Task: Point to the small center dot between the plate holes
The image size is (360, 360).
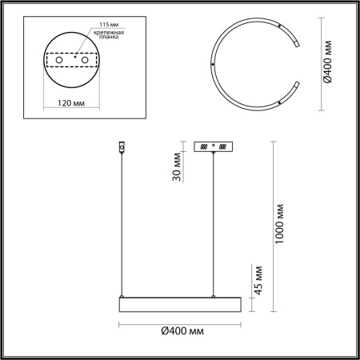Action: click(x=74, y=57)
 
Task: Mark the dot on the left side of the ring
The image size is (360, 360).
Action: click(x=212, y=64)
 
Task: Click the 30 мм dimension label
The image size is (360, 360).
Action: click(x=177, y=168)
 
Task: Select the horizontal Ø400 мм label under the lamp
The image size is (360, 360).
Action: click(x=179, y=330)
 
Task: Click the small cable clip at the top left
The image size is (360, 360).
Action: click(x=122, y=148)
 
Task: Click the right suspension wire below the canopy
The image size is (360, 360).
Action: click(x=214, y=224)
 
